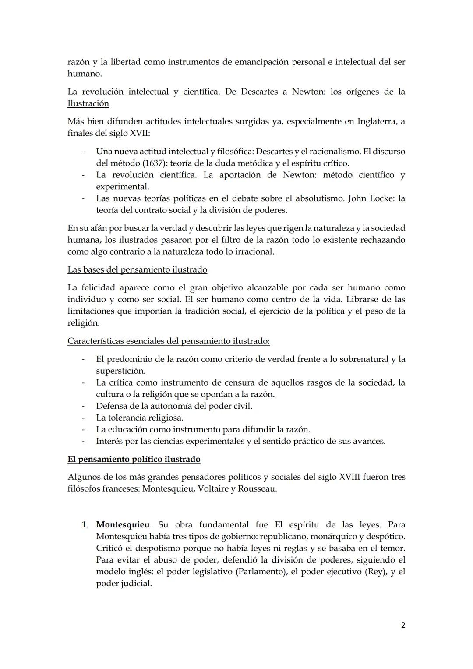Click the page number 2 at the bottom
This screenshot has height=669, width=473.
pyautogui.click(x=403, y=625)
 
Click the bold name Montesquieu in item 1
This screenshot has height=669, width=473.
pyautogui.click(x=123, y=524)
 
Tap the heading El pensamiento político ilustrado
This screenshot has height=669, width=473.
pyautogui.click(x=134, y=459)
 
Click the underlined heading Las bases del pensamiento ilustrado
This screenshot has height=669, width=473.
pyautogui.click(x=137, y=269)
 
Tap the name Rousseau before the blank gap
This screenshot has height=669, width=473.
pyautogui.click(x=257, y=488)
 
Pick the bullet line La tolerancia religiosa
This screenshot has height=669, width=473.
pyautogui.click(x=139, y=418)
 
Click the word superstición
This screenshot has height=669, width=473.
pyautogui.click(x=120, y=371)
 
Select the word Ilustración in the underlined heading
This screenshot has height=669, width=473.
pyautogui.click(x=88, y=103)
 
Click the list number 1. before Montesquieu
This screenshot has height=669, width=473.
pyautogui.click(x=85, y=524)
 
